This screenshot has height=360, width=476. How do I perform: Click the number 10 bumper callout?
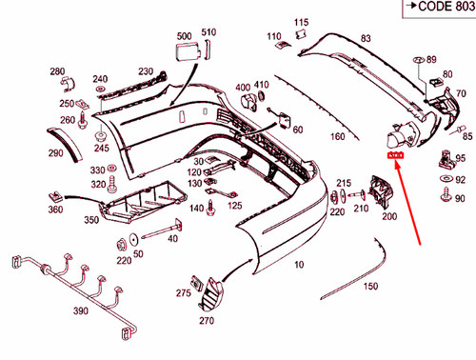pyautogui.click(x=300, y=264)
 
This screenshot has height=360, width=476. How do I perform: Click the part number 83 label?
pyautogui.click(x=365, y=39)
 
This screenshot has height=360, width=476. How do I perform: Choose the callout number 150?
pyautogui.click(x=370, y=286)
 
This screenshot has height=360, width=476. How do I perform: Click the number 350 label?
pyautogui.click(x=91, y=220)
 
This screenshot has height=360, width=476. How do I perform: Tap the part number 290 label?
pyautogui.click(x=55, y=153)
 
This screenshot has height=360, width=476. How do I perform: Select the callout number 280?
pyautogui.click(x=57, y=72)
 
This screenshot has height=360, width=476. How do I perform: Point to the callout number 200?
pyautogui.click(x=389, y=216)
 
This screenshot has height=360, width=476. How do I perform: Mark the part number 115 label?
pyautogui.click(x=301, y=22)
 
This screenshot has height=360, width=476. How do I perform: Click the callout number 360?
pyautogui.click(x=54, y=210)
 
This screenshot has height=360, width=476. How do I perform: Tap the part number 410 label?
pyautogui.click(x=262, y=85)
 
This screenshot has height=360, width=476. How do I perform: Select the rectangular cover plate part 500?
pyautogui.click(x=186, y=51)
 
